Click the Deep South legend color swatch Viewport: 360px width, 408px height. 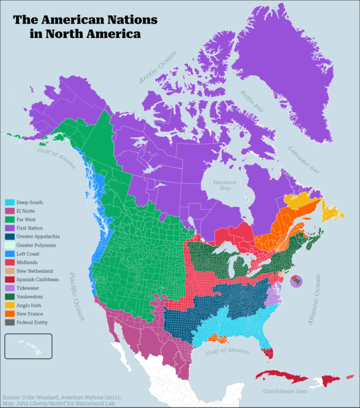coord(9,202)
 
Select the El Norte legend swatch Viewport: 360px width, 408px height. coord(9,211)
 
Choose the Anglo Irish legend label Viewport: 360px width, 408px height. coord(30,305)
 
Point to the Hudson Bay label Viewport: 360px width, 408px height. coord(225,185)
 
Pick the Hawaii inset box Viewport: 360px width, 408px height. coord(28,346)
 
